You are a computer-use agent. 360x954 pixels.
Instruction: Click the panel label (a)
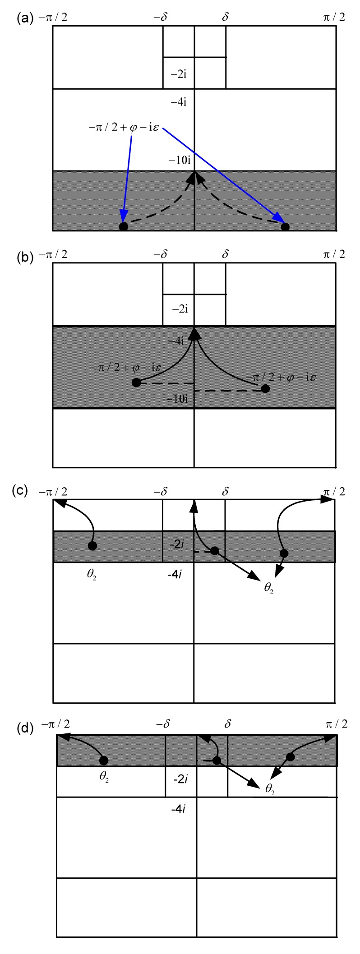pos(25,18)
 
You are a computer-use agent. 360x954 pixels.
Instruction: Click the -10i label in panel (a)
pos(180,160)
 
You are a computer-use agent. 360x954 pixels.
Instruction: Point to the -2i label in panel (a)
pos(179,74)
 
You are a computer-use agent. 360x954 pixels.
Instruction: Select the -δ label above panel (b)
pos(161,254)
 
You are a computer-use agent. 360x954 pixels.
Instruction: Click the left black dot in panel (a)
pos(123,226)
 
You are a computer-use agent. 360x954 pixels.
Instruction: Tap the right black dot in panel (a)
pos(285,226)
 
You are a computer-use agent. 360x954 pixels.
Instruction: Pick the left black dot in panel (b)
pos(136,383)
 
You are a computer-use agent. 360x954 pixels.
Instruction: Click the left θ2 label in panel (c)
pos(92,576)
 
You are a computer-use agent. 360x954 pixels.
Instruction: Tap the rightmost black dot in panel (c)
pos(284,553)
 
